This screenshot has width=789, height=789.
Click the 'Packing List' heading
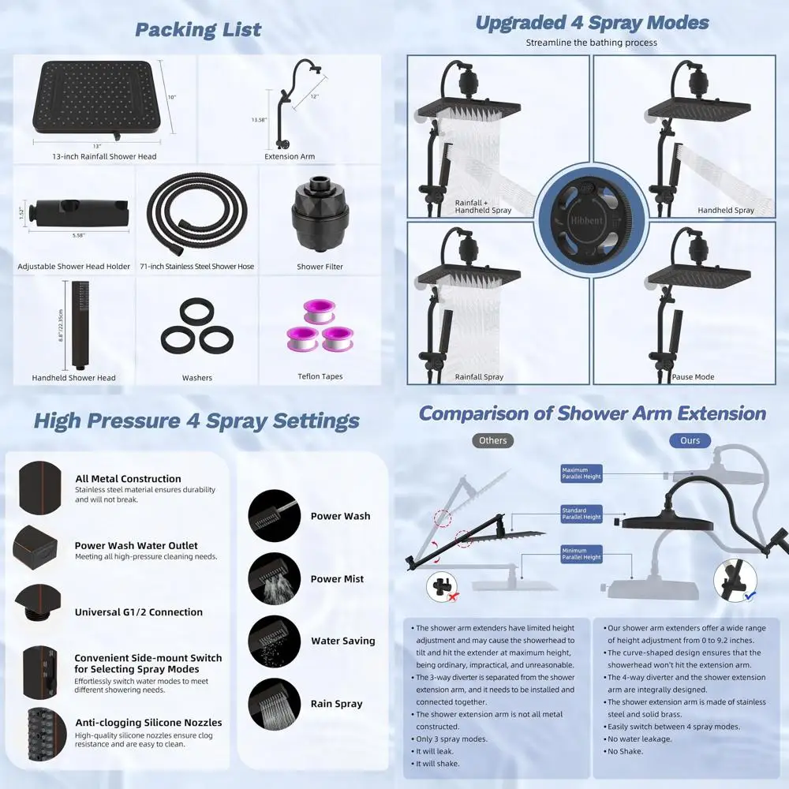(x=198, y=30)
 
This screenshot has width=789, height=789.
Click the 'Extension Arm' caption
(x=290, y=156)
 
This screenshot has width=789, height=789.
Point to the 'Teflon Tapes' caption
(x=320, y=376)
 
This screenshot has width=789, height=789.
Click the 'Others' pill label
(x=492, y=440)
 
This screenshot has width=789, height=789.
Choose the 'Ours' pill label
(x=690, y=440)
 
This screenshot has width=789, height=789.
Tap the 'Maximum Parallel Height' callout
(x=581, y=473)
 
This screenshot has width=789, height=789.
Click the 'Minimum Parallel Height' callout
(x=581, y=554)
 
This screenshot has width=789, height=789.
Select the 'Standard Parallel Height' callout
(x=581, y=514)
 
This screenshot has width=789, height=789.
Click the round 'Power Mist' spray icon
(x=275, y=578)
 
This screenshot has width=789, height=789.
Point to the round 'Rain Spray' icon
(x=275, y=703)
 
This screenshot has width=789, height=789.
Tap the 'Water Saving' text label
(x=342, y=641)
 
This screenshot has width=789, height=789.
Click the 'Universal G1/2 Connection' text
(x=139, y=612)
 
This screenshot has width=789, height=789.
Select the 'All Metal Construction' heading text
(x=128, y=479)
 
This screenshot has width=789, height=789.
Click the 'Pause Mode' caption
(x=693, y=377)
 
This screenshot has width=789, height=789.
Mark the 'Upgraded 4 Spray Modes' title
(x=592, y=23)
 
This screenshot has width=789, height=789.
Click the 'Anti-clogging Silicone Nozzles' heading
(x=148, y=722)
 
